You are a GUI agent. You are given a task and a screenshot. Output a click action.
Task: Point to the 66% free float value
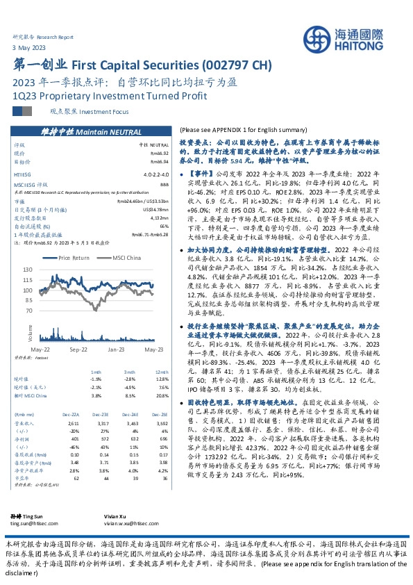pos(165,226)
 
